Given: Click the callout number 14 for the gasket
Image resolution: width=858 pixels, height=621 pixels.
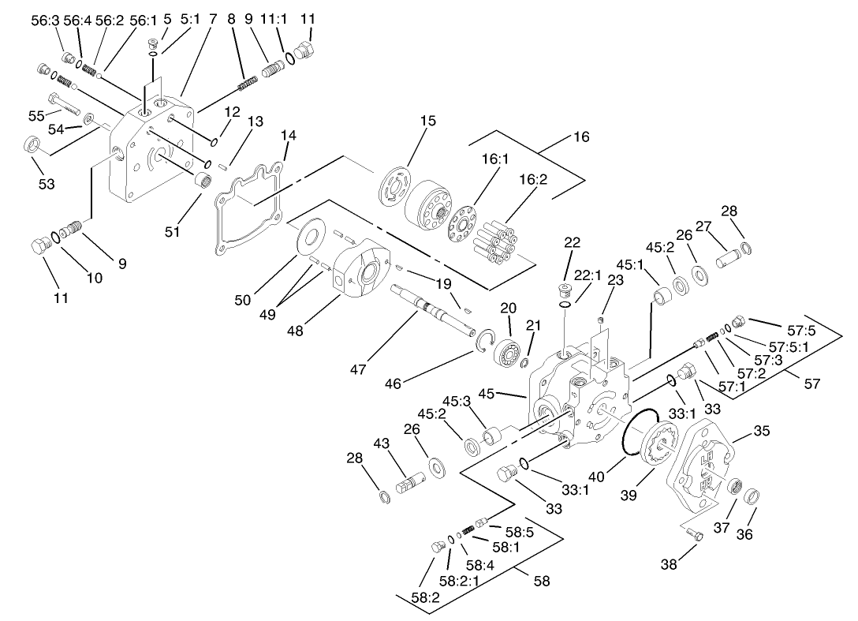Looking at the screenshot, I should coord(288,135).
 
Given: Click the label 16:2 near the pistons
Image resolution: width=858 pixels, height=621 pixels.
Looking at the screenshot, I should coord(533,180).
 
